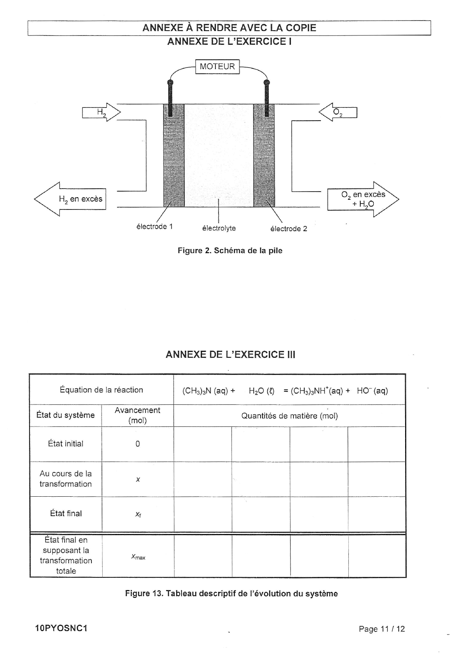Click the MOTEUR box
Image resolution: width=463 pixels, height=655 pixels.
(217, 67)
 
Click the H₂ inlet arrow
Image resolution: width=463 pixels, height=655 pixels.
(102, 112)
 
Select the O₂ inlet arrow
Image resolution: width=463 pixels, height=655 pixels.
(338, 112)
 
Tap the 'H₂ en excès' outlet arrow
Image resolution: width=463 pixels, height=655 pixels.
(71, 199)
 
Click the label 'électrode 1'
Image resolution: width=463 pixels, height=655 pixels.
(155, 227)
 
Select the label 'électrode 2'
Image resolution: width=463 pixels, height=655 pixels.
(289, 229)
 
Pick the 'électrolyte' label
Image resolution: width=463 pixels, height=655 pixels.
(219, 228)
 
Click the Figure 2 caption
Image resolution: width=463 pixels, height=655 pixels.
(230, 251)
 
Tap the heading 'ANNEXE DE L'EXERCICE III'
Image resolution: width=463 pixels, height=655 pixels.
(230, 354)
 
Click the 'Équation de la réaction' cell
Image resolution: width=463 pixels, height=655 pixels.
(101, 390)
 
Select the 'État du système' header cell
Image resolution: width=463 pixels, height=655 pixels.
(65, 415)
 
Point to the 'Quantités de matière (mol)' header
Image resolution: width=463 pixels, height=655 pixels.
(289, 416)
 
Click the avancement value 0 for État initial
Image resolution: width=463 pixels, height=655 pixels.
(138, 444)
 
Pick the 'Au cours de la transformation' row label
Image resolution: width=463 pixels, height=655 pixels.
(66, 479)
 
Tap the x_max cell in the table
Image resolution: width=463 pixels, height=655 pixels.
(138, 557)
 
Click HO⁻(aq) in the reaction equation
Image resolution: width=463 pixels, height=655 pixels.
(372, 391)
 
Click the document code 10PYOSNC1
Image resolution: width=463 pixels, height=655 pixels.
(61, 628)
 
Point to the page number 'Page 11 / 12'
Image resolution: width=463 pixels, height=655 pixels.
(382, 629)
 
